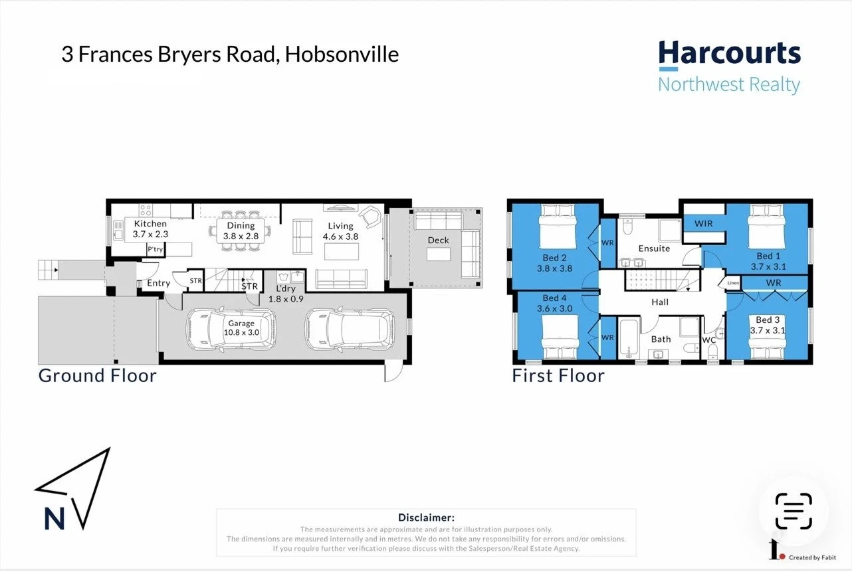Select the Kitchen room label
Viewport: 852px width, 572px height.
[151, 225]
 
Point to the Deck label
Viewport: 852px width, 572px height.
[438, 240]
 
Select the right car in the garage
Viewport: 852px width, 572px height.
[349, 330]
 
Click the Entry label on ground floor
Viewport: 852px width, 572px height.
[158, 283]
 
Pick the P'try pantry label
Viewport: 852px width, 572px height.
[155, 249]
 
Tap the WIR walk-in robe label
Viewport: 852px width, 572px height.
[703, 224]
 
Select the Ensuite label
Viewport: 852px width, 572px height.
[654, 248]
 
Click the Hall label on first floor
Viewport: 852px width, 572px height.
[659, 302]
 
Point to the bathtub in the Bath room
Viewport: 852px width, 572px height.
[628, 339]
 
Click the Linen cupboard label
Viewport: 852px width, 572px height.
[732, 284]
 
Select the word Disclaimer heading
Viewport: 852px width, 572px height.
[426, 517]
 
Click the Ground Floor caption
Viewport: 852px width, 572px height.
[98, 375]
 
